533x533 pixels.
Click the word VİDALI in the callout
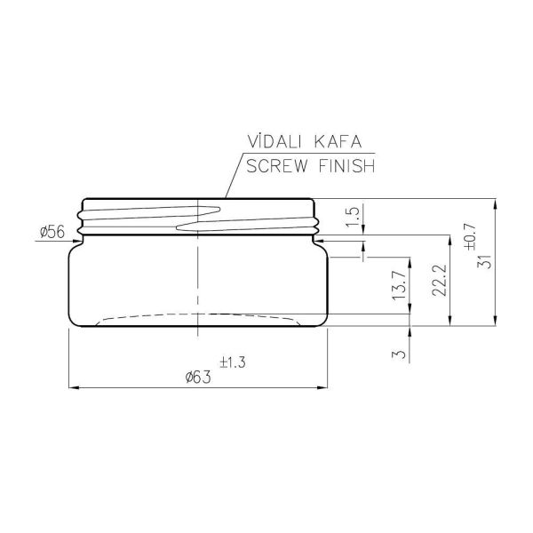[274, 141]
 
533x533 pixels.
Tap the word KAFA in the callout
[338, 142]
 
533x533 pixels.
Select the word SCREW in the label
[277, 166]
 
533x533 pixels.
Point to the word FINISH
[347, 166]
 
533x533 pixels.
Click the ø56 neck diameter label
[52, 232]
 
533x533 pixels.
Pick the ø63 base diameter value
[198, 377]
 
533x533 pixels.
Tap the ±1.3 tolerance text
[233, 362]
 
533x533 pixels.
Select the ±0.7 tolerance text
[471, 237]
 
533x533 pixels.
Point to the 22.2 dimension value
[439, 280]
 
